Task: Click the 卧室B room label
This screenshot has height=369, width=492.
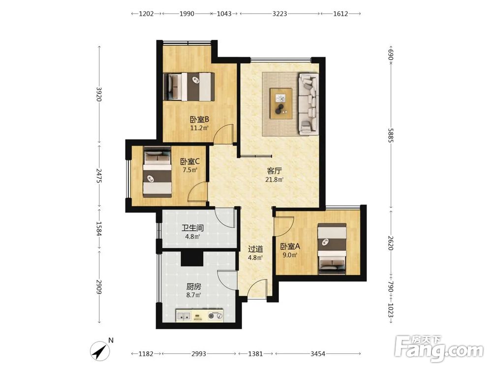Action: coord(200,120)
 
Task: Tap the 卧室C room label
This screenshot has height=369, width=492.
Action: coord(190,161)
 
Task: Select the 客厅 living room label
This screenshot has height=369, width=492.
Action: coord(275,171)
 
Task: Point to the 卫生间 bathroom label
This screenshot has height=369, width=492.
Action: coord(193,228)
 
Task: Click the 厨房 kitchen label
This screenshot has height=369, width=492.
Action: coord(193,286)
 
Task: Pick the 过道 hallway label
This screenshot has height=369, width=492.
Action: coord(255,249)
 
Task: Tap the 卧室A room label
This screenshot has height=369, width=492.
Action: coord(290,246)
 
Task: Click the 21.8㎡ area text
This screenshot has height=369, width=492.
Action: coord(275,180)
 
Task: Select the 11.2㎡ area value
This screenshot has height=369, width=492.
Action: coord(199,128)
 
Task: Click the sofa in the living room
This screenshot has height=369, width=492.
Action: coord(309,104)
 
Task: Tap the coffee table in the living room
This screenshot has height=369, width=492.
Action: coord(281,103)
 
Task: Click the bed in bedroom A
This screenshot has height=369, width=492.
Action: coord(332,249)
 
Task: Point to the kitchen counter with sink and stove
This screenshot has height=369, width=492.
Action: coord(200,315)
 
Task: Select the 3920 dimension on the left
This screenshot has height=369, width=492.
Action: coord(99,94)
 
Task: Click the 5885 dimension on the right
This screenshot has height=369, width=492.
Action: coord(391,135)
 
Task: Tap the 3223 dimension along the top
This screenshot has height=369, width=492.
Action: coord(279,14)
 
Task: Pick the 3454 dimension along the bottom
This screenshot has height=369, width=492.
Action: coord(318,354)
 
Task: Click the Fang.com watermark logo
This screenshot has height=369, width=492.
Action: coord(439,348)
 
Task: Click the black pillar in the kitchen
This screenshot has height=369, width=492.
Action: coord(192,259)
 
